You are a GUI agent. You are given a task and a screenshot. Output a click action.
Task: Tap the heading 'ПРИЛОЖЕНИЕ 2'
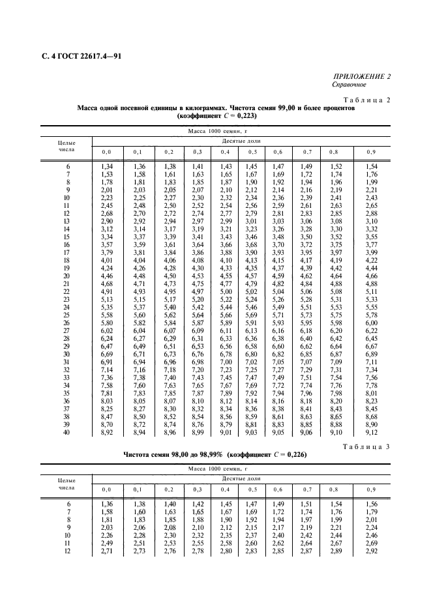(x=362, y=77)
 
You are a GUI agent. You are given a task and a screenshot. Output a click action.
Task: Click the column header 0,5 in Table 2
(x=250, y=151)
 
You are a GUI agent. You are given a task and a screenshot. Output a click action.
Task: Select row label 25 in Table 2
(x=67, y=313)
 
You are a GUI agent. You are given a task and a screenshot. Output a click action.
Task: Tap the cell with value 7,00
(x=226, y=360)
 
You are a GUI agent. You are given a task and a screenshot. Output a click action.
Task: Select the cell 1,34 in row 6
(x=106, y=167)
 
